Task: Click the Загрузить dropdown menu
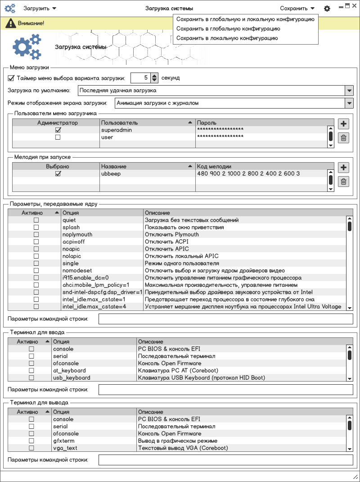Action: pyautogui.click(x=40, y=8)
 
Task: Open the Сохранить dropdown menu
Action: pyautogui.click(x=297, y=8)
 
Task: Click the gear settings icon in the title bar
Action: pyautogui.click(x=327, y=9)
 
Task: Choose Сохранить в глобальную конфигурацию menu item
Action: pyautogui.click(x=228, y=29)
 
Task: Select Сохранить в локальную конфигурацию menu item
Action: pyautogui.click(x=227, y=38)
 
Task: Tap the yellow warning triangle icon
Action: pyautogui.click(x=9, y=23)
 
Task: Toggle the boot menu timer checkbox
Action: pyautogui.click(x=11, y=78)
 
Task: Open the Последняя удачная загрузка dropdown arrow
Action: pyautogui.click(x=349, y=91)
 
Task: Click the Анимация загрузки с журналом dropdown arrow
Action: pyautogui.click(x=349, y=103)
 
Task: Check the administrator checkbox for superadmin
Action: pyautogui.click(x=58, y=130)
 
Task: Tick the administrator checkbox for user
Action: pyautogui.click(x=58, y=137)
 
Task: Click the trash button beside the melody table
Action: pyautogui.click(x=343, y=182)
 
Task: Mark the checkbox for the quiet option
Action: pyautogui.click(x=36, y=220)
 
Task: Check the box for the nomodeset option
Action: pyautogui.click(x=36, y=271)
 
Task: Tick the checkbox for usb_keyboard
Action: pyautogui.click(x=31, y=378)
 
